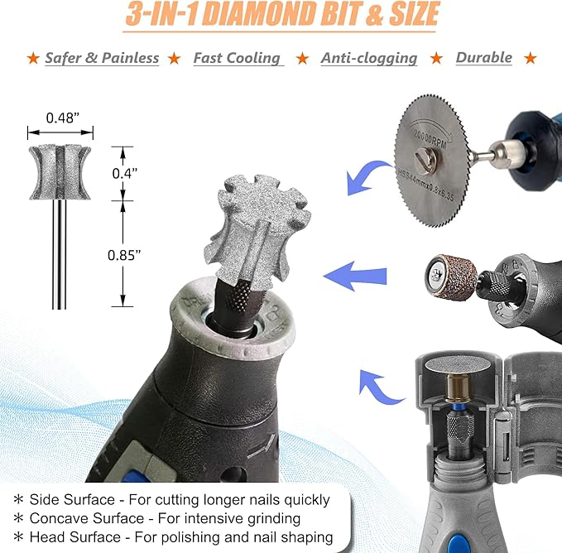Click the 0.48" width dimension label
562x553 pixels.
pos(60,118)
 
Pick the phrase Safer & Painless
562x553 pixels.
pos(102,58)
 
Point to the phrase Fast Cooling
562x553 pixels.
pos(237,58)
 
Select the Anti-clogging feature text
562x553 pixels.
pos(368,58)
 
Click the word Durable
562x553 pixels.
pos(483,58)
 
